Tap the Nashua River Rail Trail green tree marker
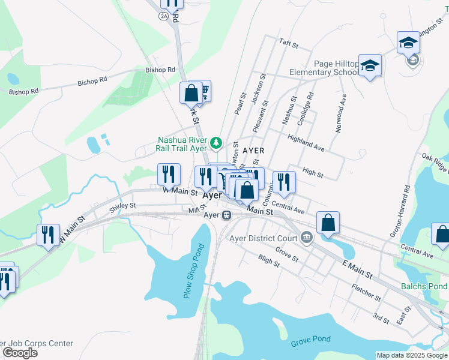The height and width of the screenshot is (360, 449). [217, 143]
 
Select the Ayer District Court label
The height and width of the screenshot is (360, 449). [264, 238]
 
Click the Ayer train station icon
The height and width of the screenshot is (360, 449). [226, 215]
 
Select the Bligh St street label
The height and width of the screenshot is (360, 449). [268, 260]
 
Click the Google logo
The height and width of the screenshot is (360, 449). [20, 353]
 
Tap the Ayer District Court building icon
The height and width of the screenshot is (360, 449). [307, 238]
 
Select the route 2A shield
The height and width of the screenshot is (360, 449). [164, 16]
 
